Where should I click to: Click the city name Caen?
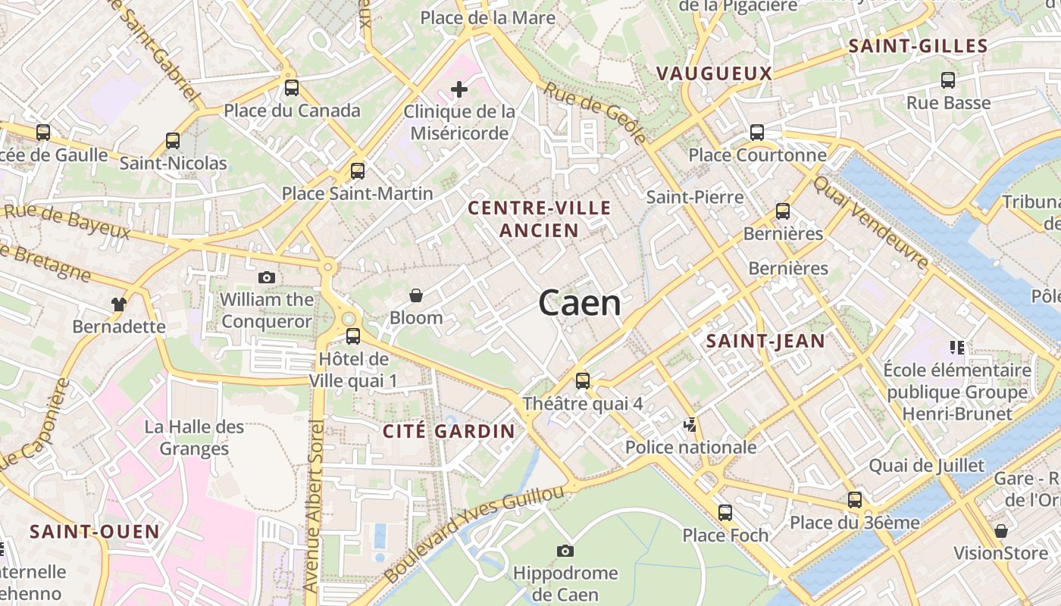580,303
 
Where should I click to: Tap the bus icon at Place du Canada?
292,88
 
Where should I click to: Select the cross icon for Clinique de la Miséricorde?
459,90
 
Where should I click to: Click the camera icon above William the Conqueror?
266,278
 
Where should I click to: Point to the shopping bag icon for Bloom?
415,295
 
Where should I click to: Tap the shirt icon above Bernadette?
118,305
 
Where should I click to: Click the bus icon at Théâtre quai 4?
582,381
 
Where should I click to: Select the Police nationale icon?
690,424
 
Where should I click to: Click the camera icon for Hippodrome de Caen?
565,551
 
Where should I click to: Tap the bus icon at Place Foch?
725,513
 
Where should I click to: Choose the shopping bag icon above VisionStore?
1001,530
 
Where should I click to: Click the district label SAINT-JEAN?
765,341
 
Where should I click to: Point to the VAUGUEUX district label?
714,73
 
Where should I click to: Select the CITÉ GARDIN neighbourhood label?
449,432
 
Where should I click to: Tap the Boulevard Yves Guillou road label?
474,534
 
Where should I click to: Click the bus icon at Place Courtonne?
756,133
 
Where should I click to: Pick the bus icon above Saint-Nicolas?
173,141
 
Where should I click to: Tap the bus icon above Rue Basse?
948,80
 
